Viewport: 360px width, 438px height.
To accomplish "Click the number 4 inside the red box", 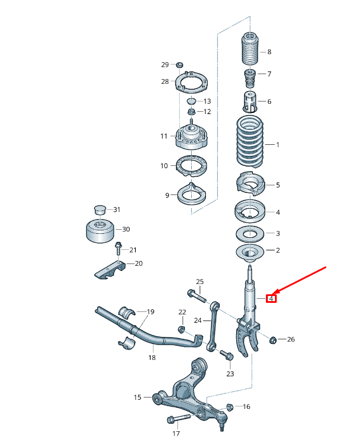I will [272, 298].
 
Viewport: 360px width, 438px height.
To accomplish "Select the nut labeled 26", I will [273, 340].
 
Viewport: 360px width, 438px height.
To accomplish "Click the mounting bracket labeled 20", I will [109, 269].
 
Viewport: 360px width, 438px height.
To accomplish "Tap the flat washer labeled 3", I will [250, 233].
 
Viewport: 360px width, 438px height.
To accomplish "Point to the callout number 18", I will [152, 358].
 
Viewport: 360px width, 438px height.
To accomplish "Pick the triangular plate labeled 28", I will [191, 83].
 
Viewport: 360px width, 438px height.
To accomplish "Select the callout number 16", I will [246, 407].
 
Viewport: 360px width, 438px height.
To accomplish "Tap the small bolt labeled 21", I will [119, 249].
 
